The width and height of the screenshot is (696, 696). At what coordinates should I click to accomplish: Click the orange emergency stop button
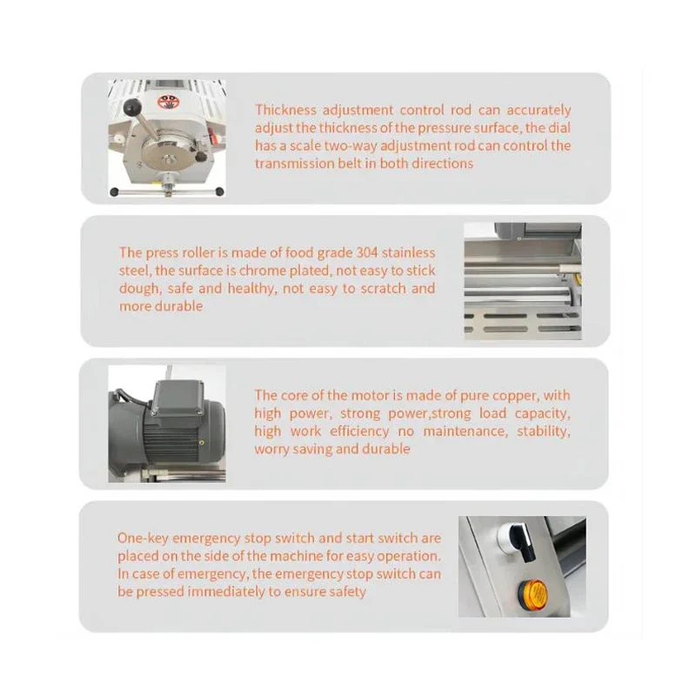(x=532, y=593)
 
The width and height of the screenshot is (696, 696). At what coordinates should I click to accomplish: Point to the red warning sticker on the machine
(x=165, y=102)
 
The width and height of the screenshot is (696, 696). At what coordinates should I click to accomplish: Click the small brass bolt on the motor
(x=202, y=442)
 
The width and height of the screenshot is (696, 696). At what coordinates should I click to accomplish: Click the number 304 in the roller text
(x=367, y=252)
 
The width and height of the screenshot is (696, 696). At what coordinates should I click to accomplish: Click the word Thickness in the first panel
(x=286, y=110)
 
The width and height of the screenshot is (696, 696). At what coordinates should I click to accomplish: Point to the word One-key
(x=143, y=539)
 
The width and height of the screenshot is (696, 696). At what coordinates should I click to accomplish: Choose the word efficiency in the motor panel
(x=359, y=431)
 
